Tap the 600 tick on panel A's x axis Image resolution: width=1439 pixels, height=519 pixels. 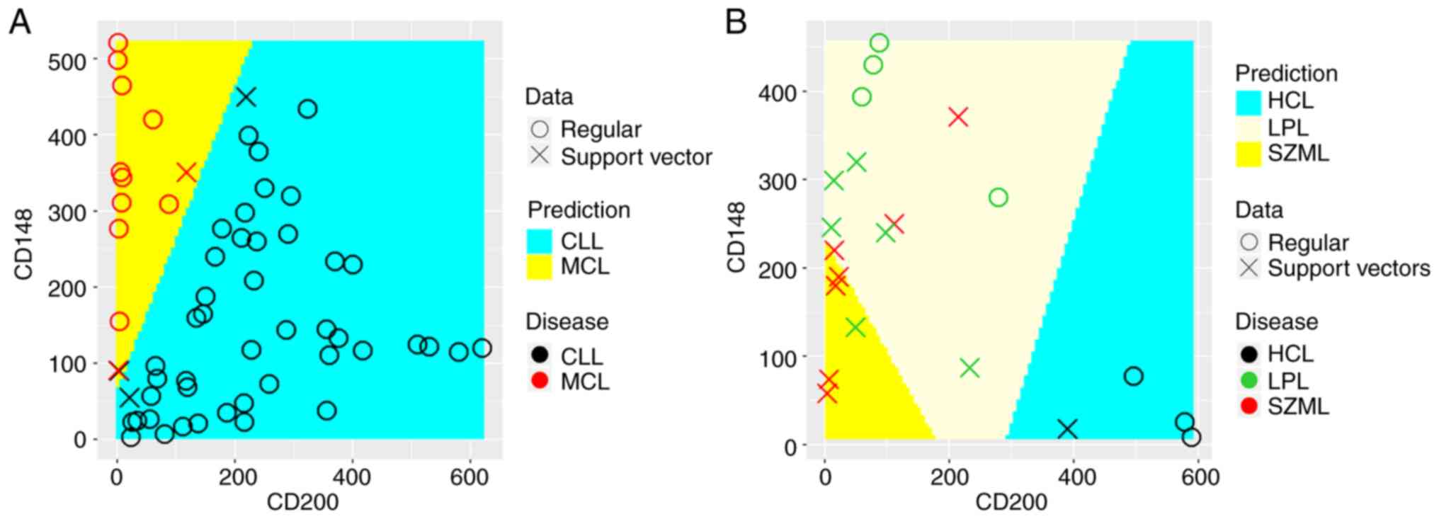point(469,477)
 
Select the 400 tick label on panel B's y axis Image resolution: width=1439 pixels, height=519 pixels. point(778,93)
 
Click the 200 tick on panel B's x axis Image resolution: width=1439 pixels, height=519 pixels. point(949,477)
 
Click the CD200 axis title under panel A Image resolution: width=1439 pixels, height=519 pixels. point(302,502)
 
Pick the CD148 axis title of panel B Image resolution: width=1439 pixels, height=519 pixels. point(736,237)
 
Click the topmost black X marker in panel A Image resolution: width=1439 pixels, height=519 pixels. point(246,97)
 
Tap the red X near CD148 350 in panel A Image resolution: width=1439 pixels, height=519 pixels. point(186,172)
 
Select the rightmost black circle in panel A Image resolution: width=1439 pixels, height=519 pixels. point(482,348)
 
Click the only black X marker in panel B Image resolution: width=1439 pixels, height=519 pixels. point(1067,428)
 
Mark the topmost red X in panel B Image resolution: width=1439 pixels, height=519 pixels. point(958,117)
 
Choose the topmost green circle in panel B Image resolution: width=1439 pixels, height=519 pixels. point(879,43)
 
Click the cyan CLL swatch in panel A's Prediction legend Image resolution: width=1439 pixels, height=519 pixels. point(540,241)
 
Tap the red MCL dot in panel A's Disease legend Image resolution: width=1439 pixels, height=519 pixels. point(540,382)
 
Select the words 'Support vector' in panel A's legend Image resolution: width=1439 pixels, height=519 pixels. point(636,156)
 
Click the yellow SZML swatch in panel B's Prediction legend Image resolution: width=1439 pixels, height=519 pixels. point(1249,154)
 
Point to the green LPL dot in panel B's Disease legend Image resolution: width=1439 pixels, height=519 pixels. point(1249,381)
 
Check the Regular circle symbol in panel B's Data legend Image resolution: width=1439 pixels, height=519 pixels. point(1249,242)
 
